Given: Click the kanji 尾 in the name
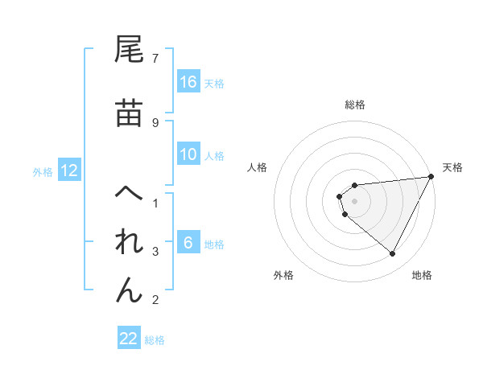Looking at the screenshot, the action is (x=130, y=51).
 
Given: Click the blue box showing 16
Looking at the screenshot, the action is (x=188, y=82).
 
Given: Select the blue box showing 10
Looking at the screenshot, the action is (x=188, y=154).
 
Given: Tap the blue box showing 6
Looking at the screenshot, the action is (x=188, y=243).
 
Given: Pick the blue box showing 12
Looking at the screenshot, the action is (x=69, y=171).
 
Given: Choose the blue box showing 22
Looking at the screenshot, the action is (x=129, y=339).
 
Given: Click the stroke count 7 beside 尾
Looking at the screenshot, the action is (x=155, y=58).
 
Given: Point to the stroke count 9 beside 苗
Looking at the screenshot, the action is (x=155, y=122).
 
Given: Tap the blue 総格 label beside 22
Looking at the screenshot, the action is (x=155, y=340).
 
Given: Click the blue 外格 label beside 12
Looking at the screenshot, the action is (x=43, y=171).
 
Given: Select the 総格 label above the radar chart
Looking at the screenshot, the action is (x=355, y=105).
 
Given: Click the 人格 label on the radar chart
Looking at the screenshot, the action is (x=258, y=167).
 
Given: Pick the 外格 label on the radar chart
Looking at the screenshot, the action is (x=283, y=275).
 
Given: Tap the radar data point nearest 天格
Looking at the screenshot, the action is (x=431, y=176).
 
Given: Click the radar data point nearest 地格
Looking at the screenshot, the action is (x=393, y=254).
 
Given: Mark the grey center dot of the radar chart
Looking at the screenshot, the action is (x=355, y=200).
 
